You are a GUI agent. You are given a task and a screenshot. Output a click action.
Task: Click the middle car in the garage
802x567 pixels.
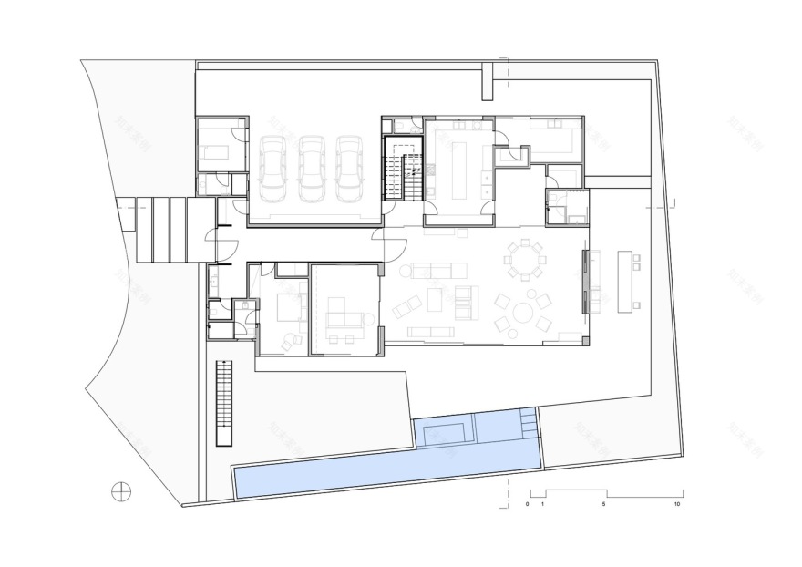[311, 170]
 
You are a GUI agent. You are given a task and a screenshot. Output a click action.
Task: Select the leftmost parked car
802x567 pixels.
[273, 170]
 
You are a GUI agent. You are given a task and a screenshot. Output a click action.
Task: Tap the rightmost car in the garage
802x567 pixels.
[348, 170]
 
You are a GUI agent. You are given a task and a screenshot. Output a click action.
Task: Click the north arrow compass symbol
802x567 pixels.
[120, 491]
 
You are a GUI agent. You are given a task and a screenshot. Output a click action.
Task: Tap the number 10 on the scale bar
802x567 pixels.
[676, 504]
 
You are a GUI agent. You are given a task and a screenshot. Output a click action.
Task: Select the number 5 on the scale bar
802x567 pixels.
[604, 504]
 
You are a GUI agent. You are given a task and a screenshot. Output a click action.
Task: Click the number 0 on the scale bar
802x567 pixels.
[528, 504]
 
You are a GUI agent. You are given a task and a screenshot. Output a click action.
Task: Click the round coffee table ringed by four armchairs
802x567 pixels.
[523, 314]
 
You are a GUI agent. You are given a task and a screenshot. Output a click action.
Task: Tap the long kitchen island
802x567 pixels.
[458, 166]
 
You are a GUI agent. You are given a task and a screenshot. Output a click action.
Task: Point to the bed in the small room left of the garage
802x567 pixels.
[217, 149]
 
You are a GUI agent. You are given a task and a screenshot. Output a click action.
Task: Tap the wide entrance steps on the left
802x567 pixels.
[166, 231]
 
